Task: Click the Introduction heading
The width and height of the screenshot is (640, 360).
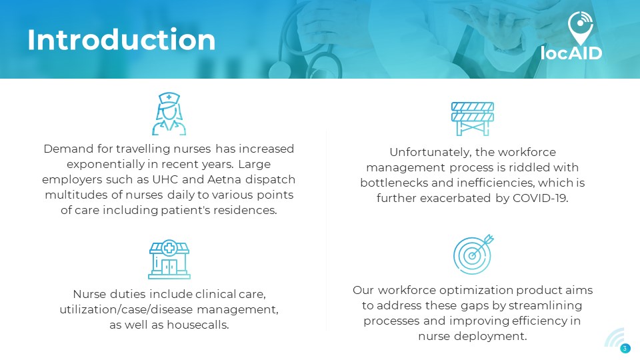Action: pyautogui.click(x=121, y=40)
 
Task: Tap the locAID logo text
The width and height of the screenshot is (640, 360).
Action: pyautogui.click(x=571, y=53)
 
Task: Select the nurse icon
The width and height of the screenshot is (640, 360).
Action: pyautogui.click(x=169, y=114)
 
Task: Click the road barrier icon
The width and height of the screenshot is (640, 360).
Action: pyautogui.click(x=473, y=119)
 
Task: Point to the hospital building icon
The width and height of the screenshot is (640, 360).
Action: pyautogui.click(x=169, y=259)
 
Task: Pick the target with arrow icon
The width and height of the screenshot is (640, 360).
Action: pyautogui.click(x=473, y=254)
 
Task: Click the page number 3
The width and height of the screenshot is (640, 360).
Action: pyautogui.click(x=625, y=349)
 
